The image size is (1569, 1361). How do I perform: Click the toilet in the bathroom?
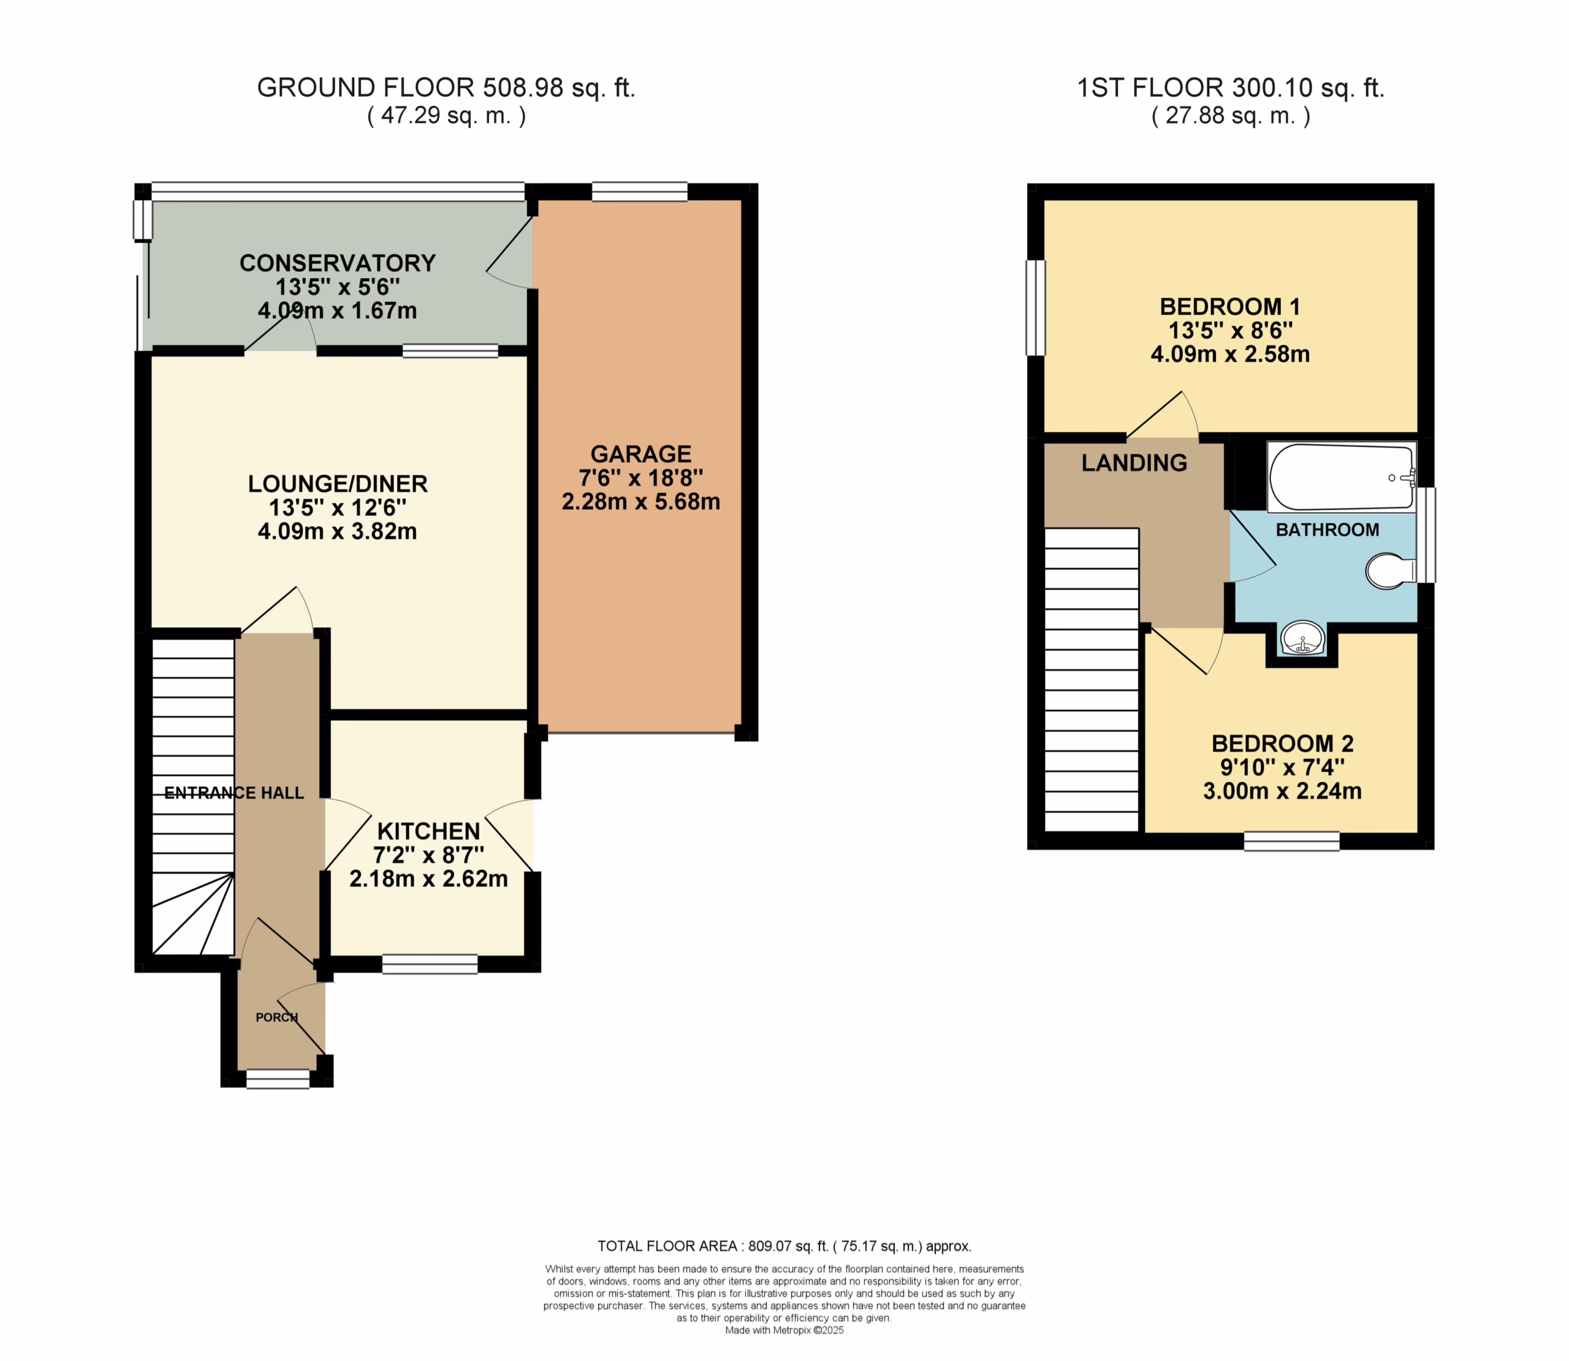(1389, 570)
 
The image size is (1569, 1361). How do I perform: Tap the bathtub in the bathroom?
(1342, 477)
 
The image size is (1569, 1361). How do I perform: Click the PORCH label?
(276, 1017)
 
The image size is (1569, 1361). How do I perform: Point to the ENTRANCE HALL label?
(234, 793)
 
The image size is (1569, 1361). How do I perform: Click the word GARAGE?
(640, 453)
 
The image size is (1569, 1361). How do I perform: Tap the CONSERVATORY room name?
(337, 263)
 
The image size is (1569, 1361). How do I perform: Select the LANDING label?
(1134, 462)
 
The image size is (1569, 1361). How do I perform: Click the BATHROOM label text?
(1328, 529)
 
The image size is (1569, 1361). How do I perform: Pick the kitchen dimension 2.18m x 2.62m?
(428, 879)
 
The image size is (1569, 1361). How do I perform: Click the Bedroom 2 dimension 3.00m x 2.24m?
(1283, 791)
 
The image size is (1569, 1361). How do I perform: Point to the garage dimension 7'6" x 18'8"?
(640, 478)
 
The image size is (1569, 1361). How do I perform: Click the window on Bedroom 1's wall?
(1036, 307)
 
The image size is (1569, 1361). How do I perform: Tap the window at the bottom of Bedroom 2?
(1292, 842)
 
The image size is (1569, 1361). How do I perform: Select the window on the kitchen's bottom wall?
(430, 965)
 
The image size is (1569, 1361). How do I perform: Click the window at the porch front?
(278, 1079)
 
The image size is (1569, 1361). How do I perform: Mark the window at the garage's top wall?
(640, 191)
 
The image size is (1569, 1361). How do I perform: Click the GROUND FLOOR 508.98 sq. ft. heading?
(446, 88)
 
